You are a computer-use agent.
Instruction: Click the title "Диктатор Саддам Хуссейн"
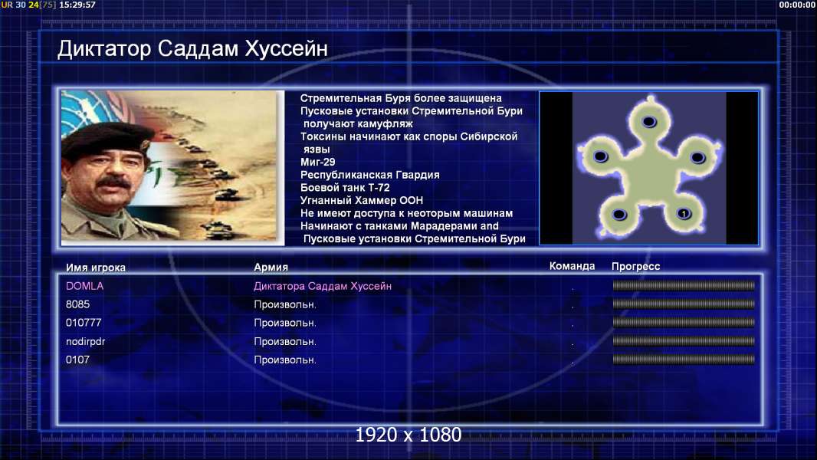point(192,49)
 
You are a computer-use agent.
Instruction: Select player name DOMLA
point(84,286)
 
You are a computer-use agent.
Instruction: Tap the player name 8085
point(77,304)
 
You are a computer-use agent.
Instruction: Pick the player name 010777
point(84,323)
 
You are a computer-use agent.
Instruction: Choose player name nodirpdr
point(85,341)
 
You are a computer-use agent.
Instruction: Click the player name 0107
point(77,360)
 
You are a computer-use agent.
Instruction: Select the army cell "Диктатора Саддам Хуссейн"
point(323,286)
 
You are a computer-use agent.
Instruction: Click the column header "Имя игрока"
point(95,268)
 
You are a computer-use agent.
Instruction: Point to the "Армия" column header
point(271,267)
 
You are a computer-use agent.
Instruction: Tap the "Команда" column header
point(572,266)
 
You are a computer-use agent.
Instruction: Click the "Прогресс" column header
point(635,266)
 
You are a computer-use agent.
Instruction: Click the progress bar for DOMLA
point(684,285)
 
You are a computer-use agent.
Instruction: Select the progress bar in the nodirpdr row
point(684,341)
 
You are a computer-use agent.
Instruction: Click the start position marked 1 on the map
point(684,214)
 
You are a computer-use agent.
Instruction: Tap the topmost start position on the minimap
point(648,122)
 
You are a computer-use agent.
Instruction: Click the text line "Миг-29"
point(318,162)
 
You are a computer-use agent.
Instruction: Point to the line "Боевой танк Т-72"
point(345,188)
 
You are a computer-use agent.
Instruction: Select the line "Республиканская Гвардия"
point(370,175)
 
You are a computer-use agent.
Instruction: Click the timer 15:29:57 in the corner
point(77,5)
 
